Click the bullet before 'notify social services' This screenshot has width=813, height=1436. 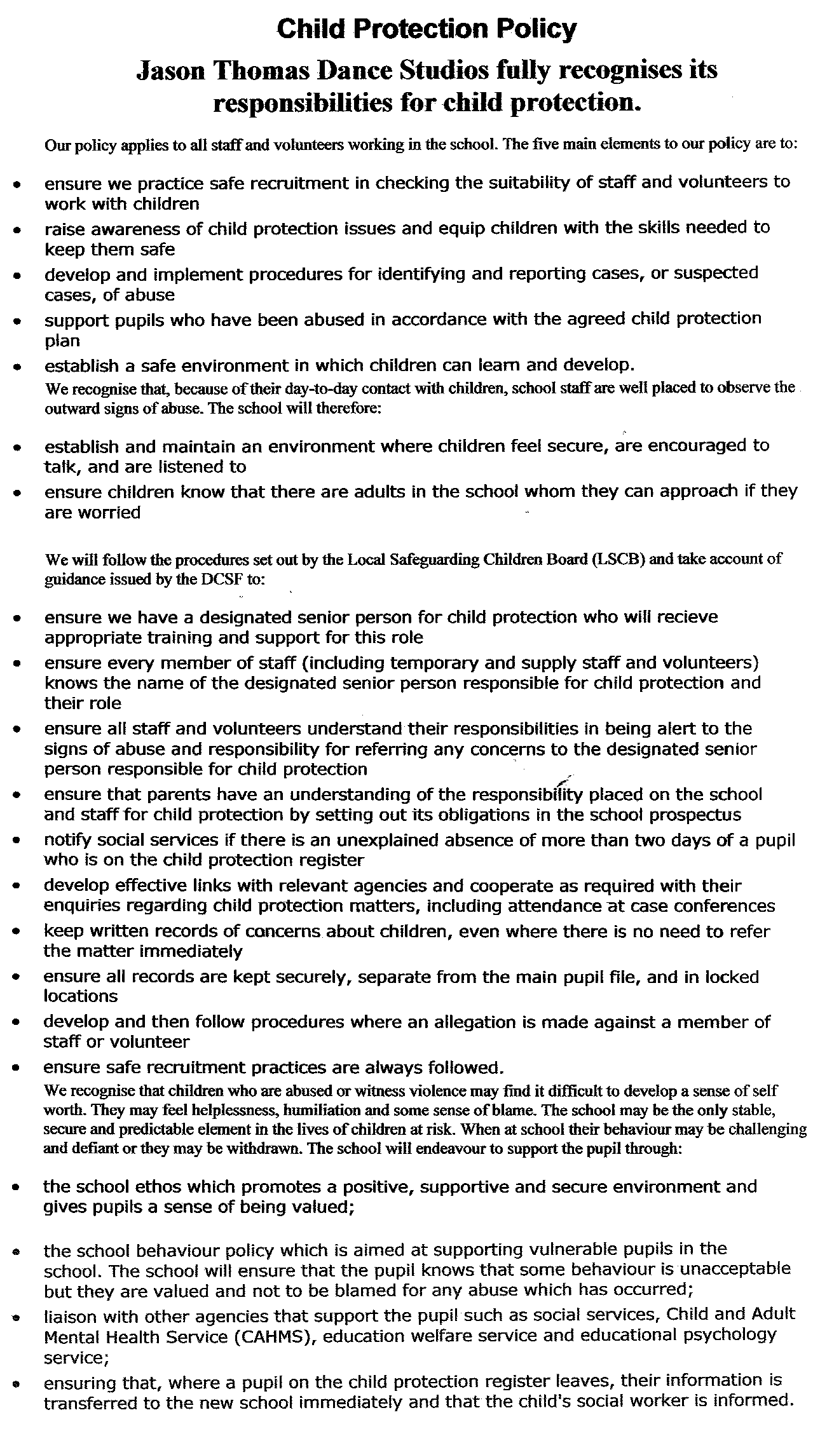pyautogui.click(x=18, y=842)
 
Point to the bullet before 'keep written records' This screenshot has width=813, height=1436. pyautogui.click(x=18, y=933)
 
